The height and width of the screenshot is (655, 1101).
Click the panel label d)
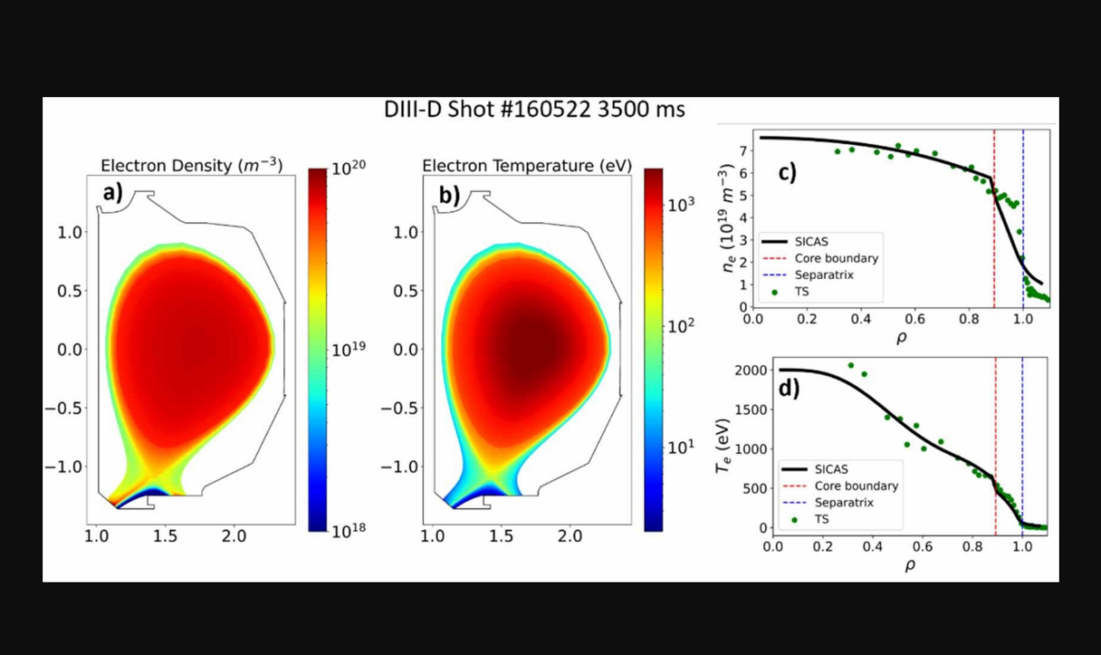tap(789, 387)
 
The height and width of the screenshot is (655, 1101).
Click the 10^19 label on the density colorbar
tap(348, 350)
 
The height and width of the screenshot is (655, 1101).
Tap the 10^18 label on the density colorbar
tap(348, 531)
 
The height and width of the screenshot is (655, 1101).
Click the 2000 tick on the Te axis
tap(746, 371)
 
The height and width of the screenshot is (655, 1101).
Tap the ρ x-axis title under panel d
tap(910, 565)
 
